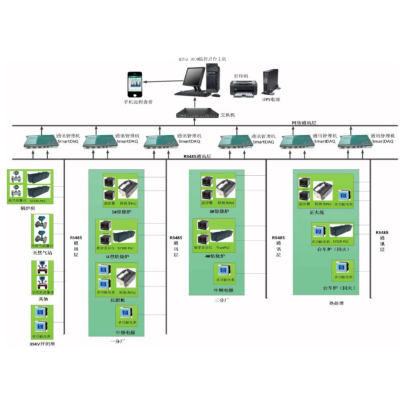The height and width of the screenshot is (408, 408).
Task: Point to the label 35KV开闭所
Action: coord(42,343)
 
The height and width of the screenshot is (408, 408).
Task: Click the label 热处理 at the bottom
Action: coord(336,303)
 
